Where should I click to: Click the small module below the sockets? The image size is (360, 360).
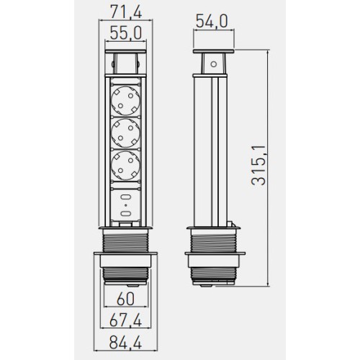pyautogui.click(x=126, y=205)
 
